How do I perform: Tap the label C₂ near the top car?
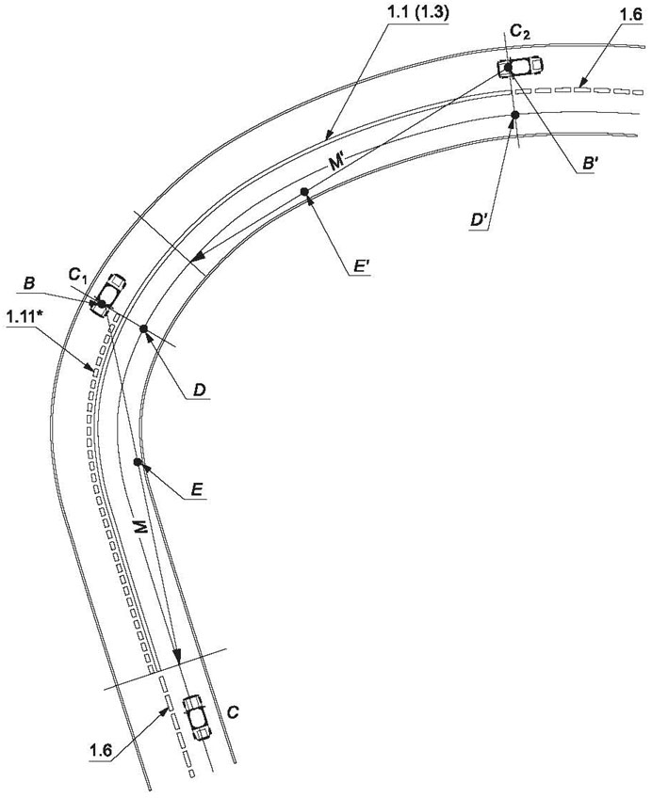(x=520, y=33)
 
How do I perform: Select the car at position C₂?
(x=520, y=66)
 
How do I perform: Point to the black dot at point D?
(x=143, y=328)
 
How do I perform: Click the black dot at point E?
(x=137, y=462)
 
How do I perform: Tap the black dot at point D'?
(x=515, y=116)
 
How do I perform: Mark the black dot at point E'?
(x=304, y=191)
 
